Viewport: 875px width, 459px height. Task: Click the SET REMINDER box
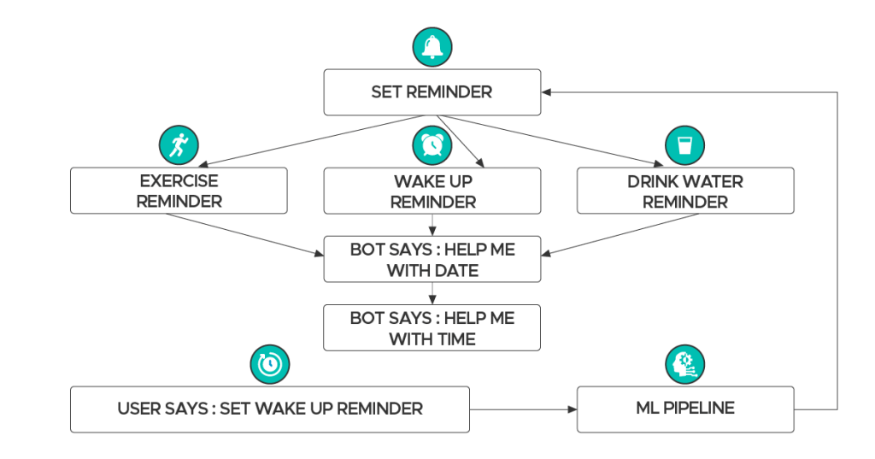coord(432,92)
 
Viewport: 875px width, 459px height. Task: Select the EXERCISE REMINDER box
coord(179,191)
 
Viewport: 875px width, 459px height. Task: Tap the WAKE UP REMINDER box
coord(432,191)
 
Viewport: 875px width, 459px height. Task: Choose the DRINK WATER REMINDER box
coord(684,191)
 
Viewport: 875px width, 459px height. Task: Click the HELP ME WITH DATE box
coord(432,259)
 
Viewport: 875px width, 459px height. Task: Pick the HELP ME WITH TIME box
coord(432,327)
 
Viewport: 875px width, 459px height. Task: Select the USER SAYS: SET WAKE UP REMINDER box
coord(269,409)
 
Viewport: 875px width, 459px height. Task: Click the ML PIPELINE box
coord(684,409)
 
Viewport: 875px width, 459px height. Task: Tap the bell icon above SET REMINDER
coord(432,47)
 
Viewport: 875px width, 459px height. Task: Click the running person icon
coord(179,144)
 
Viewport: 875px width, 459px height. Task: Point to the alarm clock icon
coord(432,144)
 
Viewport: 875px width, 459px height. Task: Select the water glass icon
coord(684,144)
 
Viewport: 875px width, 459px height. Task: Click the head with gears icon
coord(684,364)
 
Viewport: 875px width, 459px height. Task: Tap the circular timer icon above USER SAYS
coord(269,364)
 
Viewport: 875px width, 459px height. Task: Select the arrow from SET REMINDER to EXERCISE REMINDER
coord(308,139)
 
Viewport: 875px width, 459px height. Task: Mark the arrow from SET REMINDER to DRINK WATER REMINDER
coord(555,139)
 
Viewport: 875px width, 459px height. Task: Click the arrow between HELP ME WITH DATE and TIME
coord(432,293)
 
